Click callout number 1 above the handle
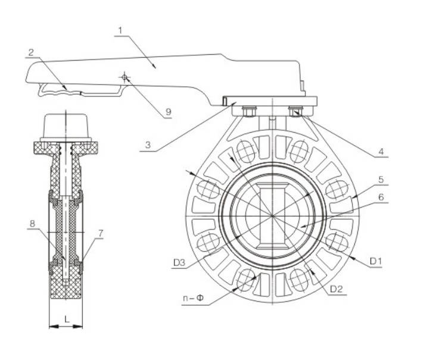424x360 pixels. (x=120, y=30)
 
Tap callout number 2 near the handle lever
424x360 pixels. (x=31, y=52)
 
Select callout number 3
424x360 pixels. (x=148, y=145)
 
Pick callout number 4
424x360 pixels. (x=381, y=151)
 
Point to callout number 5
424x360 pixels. (x=381, y=180)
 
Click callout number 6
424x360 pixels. (x=381, y=197)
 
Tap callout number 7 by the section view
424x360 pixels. (x=101, y=233)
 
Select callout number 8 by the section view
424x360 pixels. (x=32, y=224)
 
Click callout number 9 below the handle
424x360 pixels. (x=168, y=112)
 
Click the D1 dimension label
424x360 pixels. (x=375, y=261)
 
